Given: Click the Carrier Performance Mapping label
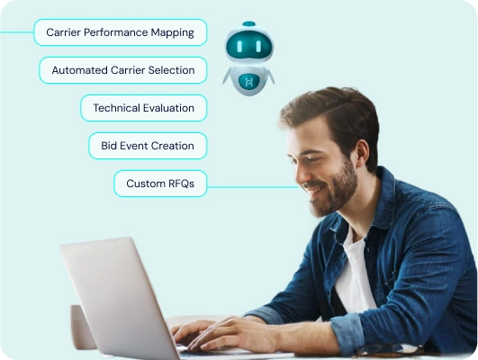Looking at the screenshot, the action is point(120,32).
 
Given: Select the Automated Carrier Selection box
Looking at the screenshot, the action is point(122,70).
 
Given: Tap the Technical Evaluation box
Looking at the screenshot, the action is point(144,108).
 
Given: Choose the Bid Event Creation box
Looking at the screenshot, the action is point(148,146).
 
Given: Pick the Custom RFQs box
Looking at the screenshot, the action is point(160,184).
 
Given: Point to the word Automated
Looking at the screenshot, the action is point(79,70).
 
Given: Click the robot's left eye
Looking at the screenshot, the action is point(239,46).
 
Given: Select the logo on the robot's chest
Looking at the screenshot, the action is point(248,82).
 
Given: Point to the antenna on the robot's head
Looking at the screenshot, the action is point(248,23).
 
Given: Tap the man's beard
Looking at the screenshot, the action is point(336,192).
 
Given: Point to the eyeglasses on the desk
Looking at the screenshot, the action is point(389,349).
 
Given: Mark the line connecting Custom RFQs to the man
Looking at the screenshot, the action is point(253,187).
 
